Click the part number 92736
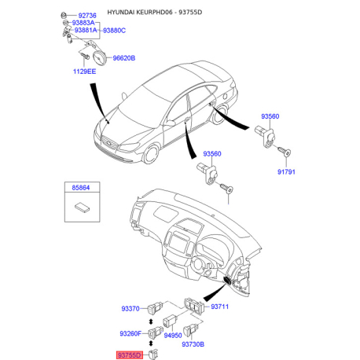(87, 16)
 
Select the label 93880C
(114, 31)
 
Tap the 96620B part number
(124, 58)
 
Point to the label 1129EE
(84, 72)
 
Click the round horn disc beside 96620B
(100, 58)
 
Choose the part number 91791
(286, 172)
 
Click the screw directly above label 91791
(285, 151)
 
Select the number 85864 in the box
(81, 188)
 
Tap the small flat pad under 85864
(83, 208)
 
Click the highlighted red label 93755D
(130, 355)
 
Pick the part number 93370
(130, 309)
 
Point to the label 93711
(219, 307)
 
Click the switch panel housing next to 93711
(194, 305)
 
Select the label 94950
(173, 335)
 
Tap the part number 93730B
(193, 344)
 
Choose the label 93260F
(130, 333)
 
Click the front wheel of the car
(152, 155)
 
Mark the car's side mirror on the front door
(170, 123)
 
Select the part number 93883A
(83, 23)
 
